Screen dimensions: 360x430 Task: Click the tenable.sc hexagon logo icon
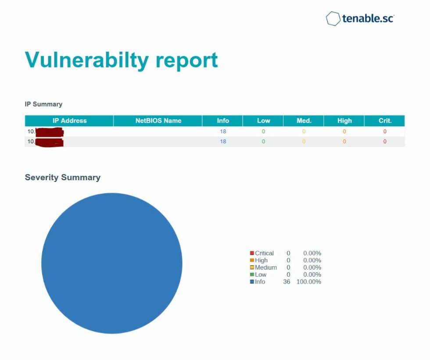point(333,19)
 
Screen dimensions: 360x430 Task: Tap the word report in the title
point(186,60)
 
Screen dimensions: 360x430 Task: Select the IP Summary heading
point(43,104)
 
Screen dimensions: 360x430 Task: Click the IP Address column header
point(69,121)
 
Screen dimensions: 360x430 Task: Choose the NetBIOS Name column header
point(158,121)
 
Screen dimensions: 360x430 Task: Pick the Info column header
point(223,121)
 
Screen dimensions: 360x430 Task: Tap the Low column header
point(263,121)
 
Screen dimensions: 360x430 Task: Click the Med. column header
point(304,121)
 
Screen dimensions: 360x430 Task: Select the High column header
point(344,121)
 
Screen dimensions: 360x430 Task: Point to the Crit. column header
point(385,121)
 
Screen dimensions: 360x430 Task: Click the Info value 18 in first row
point(223,132)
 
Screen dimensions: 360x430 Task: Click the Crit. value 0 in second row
point(385,142)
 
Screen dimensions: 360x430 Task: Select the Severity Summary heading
point(62,178)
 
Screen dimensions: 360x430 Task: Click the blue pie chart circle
point(112,263)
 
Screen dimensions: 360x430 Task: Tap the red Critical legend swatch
point(252,253)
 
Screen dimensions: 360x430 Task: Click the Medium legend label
point(266,267)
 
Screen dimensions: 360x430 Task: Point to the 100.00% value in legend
point(309,282)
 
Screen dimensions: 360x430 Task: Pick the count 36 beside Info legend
point(287,282)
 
